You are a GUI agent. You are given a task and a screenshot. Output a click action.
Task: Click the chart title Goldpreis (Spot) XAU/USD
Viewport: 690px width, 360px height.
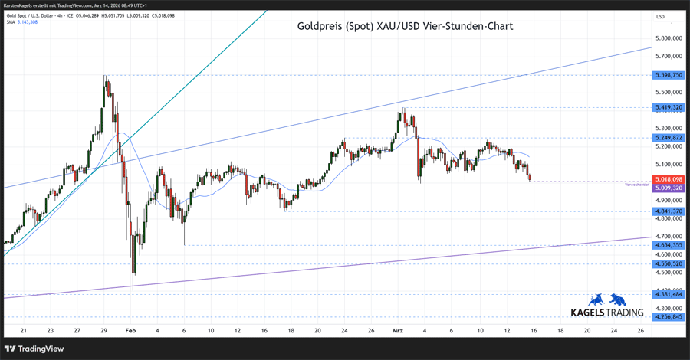405,26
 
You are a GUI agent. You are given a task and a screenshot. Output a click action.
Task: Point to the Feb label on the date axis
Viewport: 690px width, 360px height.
130,331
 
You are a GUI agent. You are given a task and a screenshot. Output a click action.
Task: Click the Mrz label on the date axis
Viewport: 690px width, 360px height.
397,331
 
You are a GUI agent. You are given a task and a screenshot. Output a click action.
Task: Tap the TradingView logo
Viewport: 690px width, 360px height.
36,349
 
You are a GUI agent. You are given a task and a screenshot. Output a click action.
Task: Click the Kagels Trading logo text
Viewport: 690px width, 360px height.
609,313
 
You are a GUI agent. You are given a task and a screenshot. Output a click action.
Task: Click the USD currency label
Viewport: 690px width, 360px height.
661,16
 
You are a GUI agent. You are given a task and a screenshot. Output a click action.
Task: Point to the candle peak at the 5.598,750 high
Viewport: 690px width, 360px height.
105,77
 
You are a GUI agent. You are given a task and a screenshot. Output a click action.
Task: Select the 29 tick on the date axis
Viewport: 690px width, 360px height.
104,331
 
